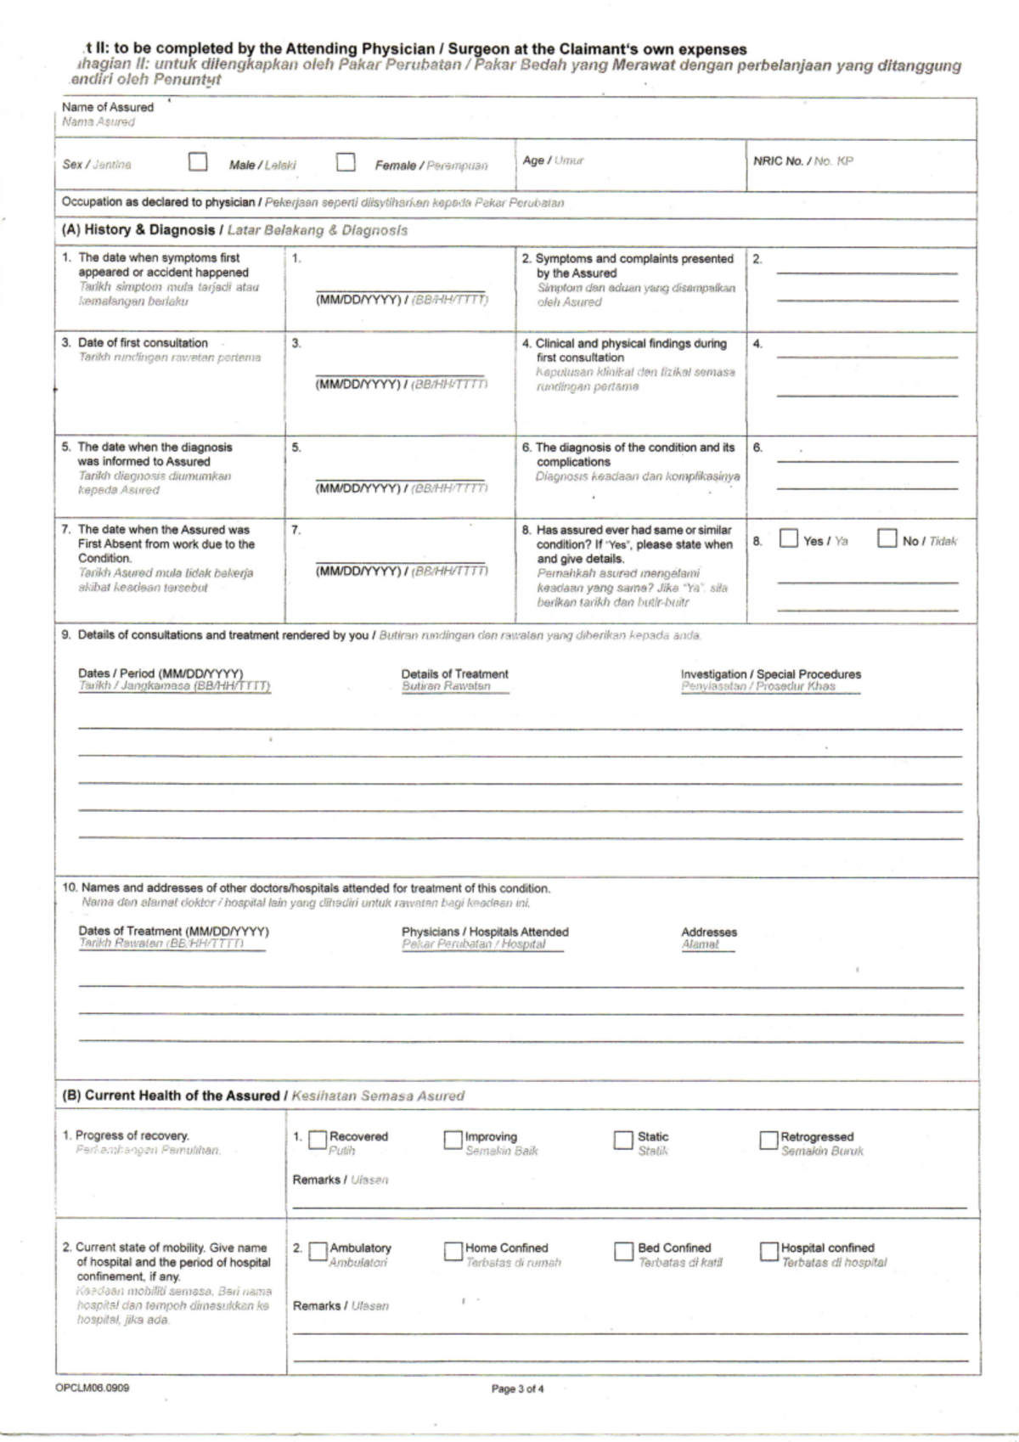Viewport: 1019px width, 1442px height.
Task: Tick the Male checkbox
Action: [x=198, y=161]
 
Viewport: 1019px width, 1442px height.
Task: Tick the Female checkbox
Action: [x=345, y=161]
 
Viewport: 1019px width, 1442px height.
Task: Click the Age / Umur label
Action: [x=553, y=160]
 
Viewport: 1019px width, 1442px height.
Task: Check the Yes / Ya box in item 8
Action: [x=789, y=538]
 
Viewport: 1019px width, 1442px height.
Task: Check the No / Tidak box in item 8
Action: [x=887, y=538]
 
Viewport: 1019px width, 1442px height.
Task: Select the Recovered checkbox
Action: [x=318, y=1140]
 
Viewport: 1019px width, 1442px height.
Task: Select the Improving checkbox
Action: [x=453, y=1140]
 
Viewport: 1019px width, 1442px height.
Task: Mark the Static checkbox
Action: [x=623, y=1140]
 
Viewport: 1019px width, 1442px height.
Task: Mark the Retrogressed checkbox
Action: [x=768, y=1140]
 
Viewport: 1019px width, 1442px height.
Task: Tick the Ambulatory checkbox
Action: [x=318, y=1252]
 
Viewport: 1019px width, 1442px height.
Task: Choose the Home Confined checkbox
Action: [x=453, y=1252]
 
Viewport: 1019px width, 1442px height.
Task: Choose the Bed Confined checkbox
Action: [x=623, y=1252]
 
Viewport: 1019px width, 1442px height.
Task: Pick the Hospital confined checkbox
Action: [x=768, y=1252]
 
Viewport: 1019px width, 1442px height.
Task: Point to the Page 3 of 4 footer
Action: [x=517, y=1389]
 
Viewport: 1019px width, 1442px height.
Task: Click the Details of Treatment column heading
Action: [x=454, y=673]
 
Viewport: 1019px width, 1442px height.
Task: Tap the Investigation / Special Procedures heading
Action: [x=770, y=673]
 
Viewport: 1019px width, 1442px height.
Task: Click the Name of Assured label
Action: [x=108, y=107]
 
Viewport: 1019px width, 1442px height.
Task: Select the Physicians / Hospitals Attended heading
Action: [x=485, y=932]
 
